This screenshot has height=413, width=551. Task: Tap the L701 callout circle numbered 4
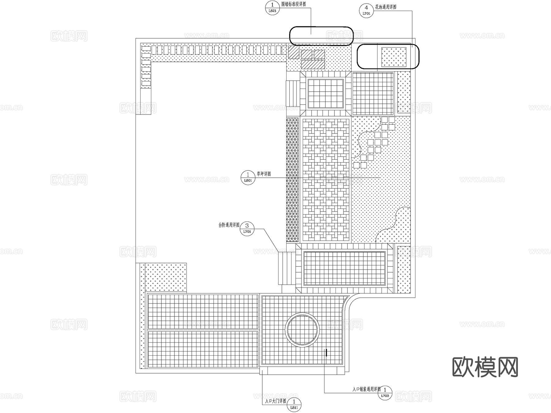click(366, 10)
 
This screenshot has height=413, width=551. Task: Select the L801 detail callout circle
click(248, 178)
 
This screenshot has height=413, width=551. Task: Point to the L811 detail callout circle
click(294, 404)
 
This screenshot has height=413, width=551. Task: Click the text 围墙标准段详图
click(294, 4)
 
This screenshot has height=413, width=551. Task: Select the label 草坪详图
click(264, 174)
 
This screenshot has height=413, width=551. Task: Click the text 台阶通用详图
click(229, 225)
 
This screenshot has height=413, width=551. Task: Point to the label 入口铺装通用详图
click(366, 389)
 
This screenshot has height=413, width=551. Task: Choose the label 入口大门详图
click(275, 401)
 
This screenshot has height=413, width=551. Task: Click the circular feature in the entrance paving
click(302, 330)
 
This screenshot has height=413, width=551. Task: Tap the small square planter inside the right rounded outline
click(394, 57)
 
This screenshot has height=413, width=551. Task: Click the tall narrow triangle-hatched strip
click(292, 180)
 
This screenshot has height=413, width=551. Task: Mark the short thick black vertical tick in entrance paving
click(327, 353)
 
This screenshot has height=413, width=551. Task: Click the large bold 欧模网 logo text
click(485, 367)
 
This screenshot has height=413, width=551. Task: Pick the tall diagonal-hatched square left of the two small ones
click(293, 52)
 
